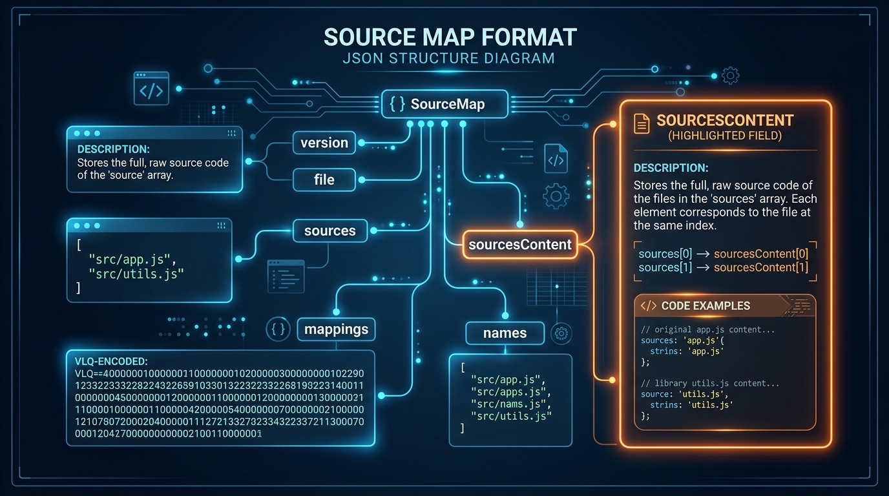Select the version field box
324,143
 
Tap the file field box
324,180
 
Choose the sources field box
329,231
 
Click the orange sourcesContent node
519,245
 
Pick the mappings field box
336,329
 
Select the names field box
505,333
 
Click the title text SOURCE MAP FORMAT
450,37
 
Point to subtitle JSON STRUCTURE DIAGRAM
450,58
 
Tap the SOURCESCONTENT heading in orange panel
724,121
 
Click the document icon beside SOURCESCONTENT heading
642,123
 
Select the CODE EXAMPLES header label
706,305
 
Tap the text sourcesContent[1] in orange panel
760,267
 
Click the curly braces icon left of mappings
278,329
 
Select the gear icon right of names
561,333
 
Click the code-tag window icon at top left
151,88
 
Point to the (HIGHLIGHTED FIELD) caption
724,136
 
